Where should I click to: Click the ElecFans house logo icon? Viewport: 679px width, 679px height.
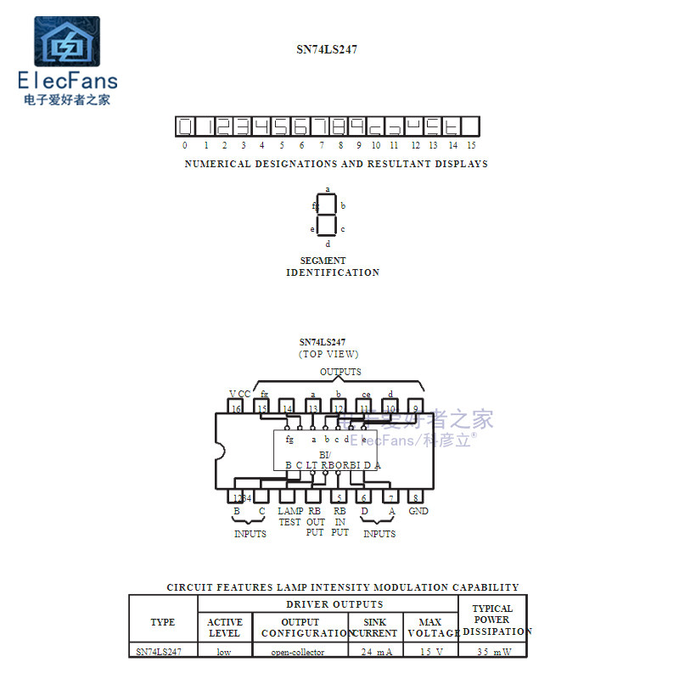coord(66,44)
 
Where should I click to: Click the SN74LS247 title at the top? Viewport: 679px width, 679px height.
coord(327,49)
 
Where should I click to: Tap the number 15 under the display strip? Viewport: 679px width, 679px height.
coord(471,146)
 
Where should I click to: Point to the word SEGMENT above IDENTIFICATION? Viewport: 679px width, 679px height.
coord(323,261)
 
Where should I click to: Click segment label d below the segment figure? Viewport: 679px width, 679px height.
coord(328,244)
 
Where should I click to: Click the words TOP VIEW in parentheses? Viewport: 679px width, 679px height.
coord(328,354)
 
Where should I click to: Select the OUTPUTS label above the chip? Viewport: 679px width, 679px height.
coord(340,372)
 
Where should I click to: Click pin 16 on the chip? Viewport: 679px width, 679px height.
coord(236,408)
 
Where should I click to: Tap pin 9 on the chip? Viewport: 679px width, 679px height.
coord(415,408)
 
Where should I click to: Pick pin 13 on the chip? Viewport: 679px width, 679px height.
coord(312,408)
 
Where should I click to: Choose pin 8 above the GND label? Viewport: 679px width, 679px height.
coord(415,497)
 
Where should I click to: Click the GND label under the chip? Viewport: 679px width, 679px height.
coord(418,512)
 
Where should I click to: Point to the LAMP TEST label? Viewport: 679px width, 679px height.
coord(290,517)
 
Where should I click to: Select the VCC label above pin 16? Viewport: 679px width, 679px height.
coord(239,394)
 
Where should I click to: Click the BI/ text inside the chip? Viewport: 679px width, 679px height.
coord(325,455)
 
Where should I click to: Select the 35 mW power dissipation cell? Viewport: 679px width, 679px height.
coord(492,652)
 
